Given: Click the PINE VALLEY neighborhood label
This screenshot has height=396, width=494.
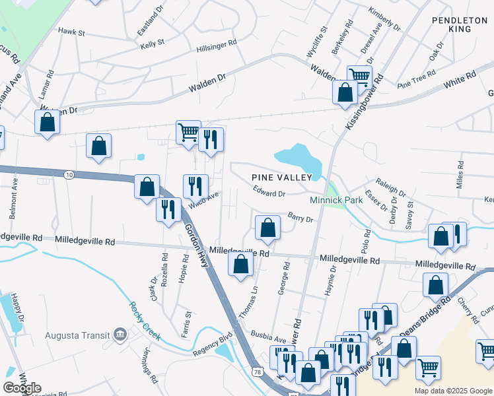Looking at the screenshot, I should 281,178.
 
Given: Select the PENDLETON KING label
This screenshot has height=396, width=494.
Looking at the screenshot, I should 460,25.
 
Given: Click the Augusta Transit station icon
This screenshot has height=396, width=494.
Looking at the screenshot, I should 120,334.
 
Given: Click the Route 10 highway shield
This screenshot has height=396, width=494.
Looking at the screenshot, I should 69,174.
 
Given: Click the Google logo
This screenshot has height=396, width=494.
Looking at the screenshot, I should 22,388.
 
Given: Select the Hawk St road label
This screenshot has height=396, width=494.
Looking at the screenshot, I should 72,32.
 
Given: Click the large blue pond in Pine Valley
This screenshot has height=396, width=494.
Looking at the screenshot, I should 298,158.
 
